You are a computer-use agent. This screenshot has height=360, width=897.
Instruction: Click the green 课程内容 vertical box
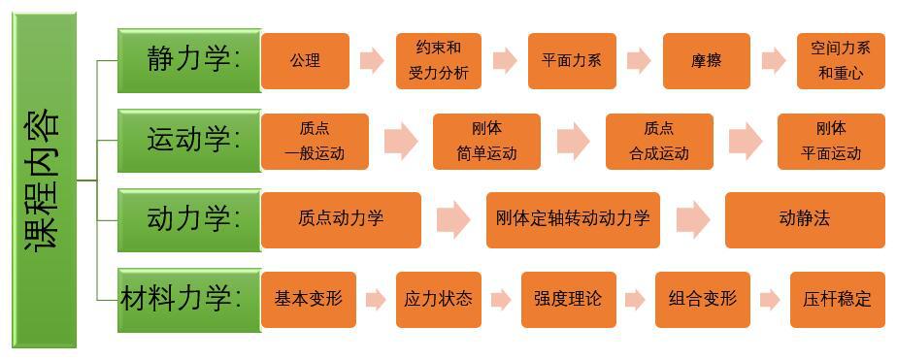coord(45,180)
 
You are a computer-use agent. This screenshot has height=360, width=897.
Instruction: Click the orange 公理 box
coord(305,60)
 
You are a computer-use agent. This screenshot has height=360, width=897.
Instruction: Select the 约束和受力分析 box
coord(438,60)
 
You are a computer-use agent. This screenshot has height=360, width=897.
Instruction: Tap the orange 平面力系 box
coord(572,60)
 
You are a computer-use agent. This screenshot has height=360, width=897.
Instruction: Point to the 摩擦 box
coord(706,60)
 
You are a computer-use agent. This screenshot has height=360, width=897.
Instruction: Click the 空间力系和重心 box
coord(840,60)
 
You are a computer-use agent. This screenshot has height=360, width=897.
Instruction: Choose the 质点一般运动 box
coord(315,141)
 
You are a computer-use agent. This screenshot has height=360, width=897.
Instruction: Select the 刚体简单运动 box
coord(486,141)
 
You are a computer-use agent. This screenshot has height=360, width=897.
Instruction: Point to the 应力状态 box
coord(438,299)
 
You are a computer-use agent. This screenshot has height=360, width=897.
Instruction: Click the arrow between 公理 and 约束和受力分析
coord(371,60)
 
